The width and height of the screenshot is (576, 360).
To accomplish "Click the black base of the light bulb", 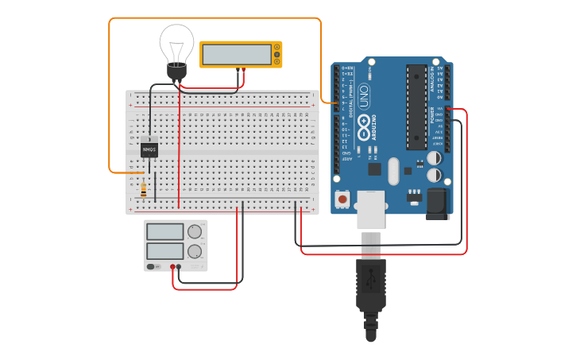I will [x=176, y=71].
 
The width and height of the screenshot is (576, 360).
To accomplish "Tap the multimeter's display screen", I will [x=236, y=54].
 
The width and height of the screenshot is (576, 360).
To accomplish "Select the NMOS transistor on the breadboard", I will [x=149, y=149].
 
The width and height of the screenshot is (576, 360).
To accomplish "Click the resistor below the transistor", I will [x=143, y=189].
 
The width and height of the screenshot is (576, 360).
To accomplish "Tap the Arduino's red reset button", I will [x=342, y=199].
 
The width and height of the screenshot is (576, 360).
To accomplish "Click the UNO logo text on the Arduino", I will [x=363, y=97].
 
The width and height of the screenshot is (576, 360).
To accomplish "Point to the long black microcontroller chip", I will [x=416, y=106].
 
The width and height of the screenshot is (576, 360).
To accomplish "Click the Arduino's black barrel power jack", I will [x=436, y=203].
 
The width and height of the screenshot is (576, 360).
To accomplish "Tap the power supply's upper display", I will [x=165, y=232].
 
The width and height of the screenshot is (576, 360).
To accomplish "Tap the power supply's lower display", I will [x=165, y=251].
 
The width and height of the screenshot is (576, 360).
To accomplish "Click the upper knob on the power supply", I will [x=194, y=232].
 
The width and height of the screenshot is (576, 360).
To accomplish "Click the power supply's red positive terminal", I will [x=172, y=267].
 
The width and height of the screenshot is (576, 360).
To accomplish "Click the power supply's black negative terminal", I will [x=179, y=267].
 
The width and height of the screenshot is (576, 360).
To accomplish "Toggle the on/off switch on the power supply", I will [x=151, y=267].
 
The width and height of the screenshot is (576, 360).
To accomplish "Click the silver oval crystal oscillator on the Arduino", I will [x=394, y=168].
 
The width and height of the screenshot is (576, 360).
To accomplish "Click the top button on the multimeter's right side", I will [x=276, y=48].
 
